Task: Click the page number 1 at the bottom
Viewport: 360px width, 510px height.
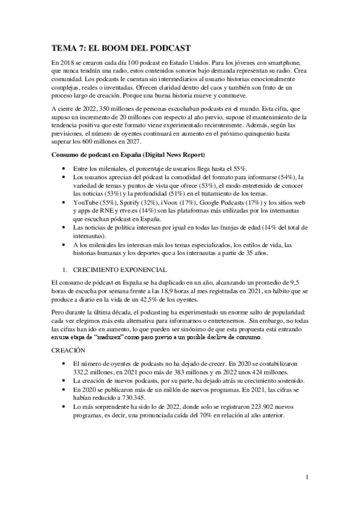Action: point(307,478)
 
